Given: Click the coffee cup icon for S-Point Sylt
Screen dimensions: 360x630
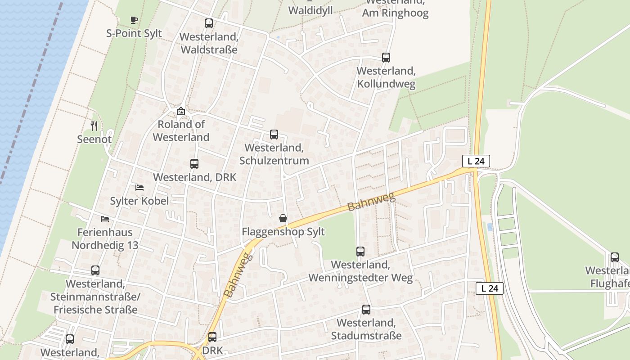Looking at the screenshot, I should (x=134, y=20).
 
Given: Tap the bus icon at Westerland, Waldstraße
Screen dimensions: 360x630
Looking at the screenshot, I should (x=208, y=23).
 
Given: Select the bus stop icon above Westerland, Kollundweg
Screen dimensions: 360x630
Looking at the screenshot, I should (x=386, y=58).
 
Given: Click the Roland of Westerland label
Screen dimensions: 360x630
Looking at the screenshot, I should (x=181, y=130).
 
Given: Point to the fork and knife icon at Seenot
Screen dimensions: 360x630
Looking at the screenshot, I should (x=94, y=126).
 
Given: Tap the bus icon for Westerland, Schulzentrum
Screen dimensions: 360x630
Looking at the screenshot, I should (x=274, y=135).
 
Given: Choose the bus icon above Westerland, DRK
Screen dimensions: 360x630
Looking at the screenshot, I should (x=194, y=164).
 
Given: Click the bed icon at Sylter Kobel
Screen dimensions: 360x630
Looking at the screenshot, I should (x=139, y=188).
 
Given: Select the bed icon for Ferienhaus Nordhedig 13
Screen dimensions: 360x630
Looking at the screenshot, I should (x=105, y=219).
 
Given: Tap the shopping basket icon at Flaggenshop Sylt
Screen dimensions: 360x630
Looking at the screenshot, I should (x=283, y=219).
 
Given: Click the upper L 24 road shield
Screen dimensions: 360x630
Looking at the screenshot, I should (x=476, y=161).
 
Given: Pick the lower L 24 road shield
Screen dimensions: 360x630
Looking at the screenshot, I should (x=489, y=288).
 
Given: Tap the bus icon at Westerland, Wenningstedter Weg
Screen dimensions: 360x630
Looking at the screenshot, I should (x=360, y=252).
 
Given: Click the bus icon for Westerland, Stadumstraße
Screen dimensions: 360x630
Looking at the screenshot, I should (x=366, y=310).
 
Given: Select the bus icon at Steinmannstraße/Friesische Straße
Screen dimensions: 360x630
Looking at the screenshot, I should (x=95, y=270).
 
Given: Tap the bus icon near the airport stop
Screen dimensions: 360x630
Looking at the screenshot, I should (x=614, y=257).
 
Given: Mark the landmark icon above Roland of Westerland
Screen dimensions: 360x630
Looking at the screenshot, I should (x=180, y=111).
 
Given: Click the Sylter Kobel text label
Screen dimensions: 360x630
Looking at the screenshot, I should (x=139, y=201).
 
